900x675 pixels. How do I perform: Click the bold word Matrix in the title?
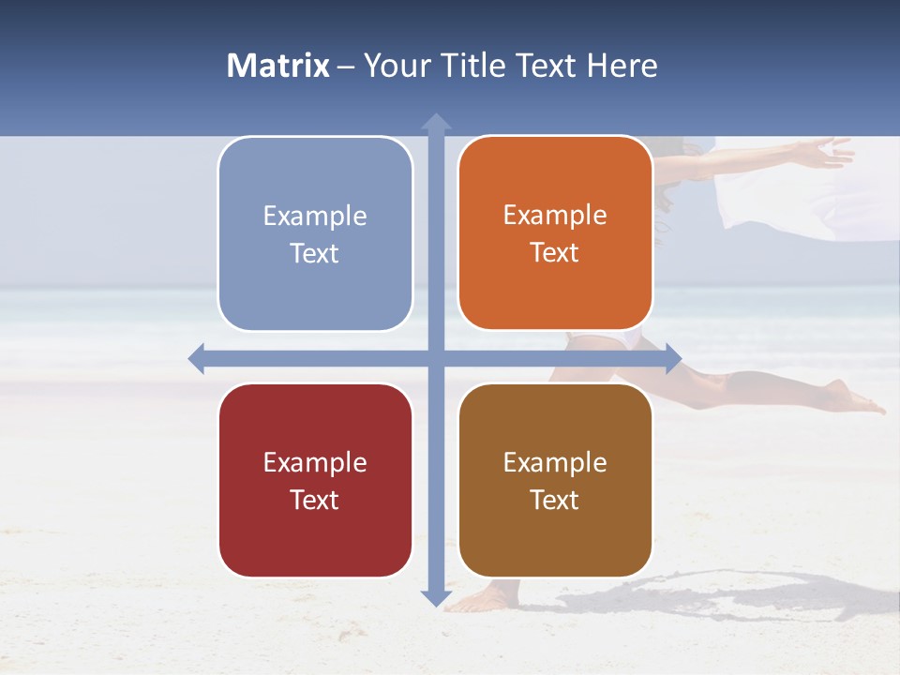[278, 66]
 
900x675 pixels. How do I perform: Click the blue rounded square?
[315, 234]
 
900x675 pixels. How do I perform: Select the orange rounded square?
[555, 233]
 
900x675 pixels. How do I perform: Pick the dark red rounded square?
[315, 480]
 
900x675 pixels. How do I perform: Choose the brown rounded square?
[555, 480]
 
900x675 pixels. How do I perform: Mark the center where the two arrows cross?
[436, 358]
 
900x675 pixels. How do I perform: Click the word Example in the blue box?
[315, 216]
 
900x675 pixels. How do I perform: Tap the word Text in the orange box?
[555, 253]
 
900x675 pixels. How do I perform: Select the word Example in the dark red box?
[315, 462]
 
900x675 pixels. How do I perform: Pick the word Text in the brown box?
[555, 500]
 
